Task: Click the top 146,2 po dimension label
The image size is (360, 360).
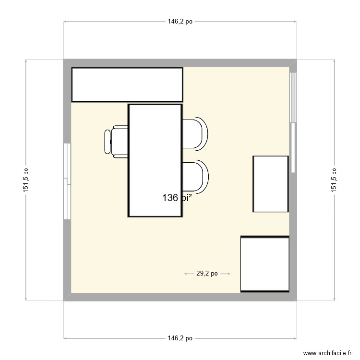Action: pyautogui.click(x=180, y=22)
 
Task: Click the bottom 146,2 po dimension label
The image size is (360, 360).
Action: pyautogui.click(x=180, y=338)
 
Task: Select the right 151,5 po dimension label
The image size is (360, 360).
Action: pyautogui.click(x=334, y=180)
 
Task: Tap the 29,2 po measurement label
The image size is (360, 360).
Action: pyautogui.click(x=207, y=274)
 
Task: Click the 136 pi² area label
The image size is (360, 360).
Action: pyautogui.click(x=177, y=197)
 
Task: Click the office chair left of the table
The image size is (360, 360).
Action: pyautogui.click(x=116, y=141)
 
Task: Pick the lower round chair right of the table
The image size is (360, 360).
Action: pyautogui.click(x=196, y=176)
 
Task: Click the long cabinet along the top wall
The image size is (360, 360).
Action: pyautogui.click(x=127, y=84)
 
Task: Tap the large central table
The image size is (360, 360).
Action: pyautogui.click(x=155, y=160)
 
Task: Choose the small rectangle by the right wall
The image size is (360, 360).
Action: pyautogui.click(x=271, y=184)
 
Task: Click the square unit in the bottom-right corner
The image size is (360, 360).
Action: pyautogui.click(x=265, y=264)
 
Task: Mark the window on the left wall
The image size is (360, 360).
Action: pyautogui.click(x=67, y=181)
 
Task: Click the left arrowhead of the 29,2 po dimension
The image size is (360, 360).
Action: pyautogui.click(x=186, y=274)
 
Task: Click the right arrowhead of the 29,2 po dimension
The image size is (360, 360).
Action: pyautogui.click(x=229, y=274)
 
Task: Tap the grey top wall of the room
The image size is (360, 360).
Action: pyautogui.click(x=180, y=63)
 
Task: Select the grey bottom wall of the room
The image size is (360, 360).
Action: pyautogui.click(x=180, y=297)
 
